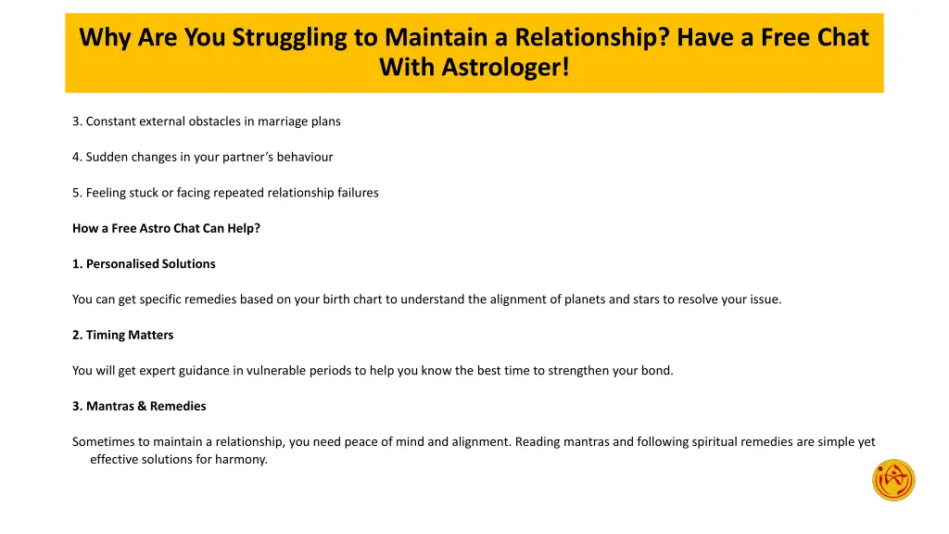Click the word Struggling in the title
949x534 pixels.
pos(289,38)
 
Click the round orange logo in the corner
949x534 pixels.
pos(893,480)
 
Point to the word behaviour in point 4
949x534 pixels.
pos(302,157)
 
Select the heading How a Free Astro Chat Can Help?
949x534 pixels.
pos(166,228)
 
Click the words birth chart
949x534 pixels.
pos(381,299)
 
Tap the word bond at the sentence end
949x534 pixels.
pos(655,371)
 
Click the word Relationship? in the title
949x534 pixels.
pos(588,38)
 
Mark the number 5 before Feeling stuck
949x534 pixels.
pos(76,193)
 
